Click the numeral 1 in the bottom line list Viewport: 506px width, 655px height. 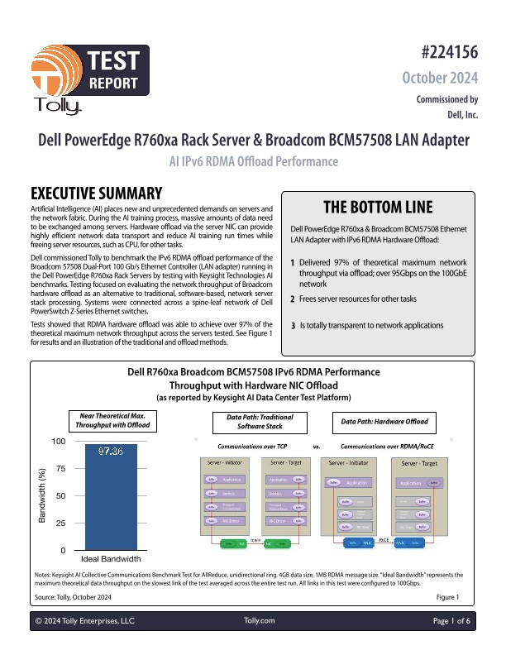click(293, 262)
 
